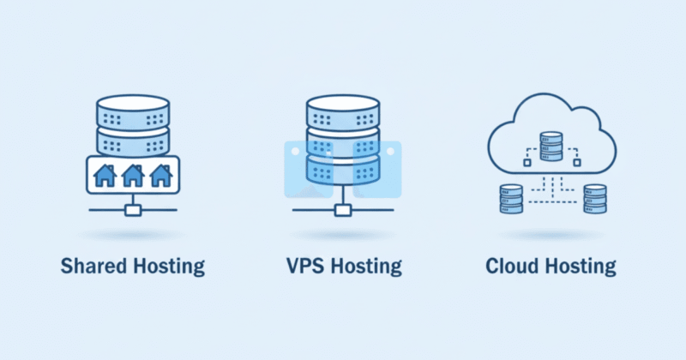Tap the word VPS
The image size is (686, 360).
click(x=304, y=266)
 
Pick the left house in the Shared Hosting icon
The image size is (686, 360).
click(x=105, y=176)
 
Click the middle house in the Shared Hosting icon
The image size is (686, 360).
click(x=133, y=176)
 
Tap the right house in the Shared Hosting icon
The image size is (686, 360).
click(x=161, y=176)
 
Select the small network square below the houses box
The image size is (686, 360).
click(x=133, y=209)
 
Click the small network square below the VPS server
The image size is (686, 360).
click(x=342, y=209)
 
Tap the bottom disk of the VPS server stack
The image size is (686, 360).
click(x=342, y=171)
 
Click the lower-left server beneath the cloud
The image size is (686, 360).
click(x=512, y=198)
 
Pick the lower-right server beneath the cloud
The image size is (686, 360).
click(x=594, y=198)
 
